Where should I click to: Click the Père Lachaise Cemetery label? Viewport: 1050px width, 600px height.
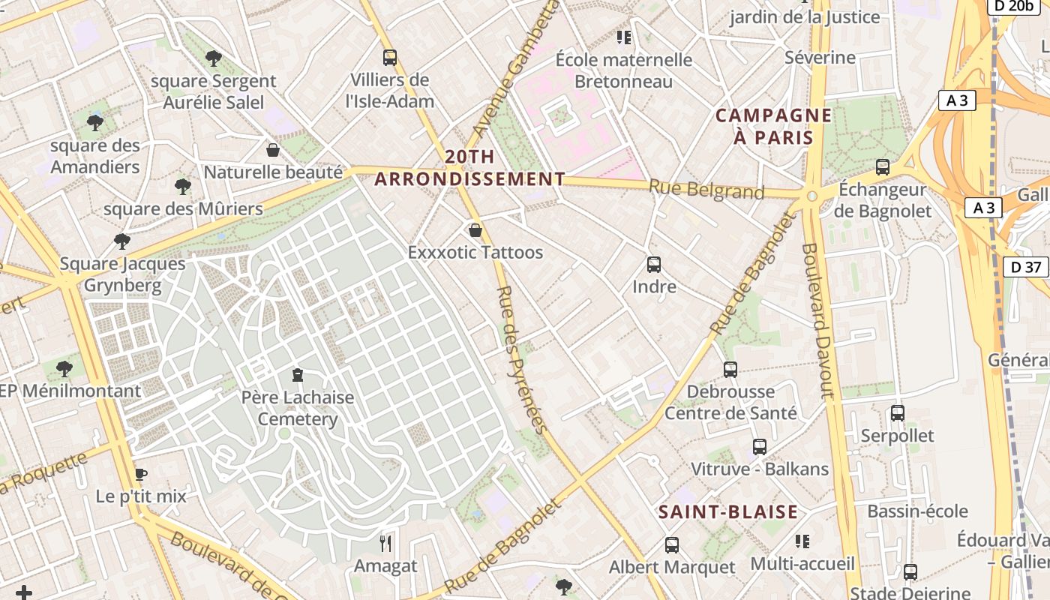pyautogui.click(x=298, y=408)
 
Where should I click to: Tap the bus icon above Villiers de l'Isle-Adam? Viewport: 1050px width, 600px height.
pyautogui.click(x=389, y=58)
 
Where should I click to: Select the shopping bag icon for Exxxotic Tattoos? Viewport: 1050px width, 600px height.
pyautogui.click(x=475, y=230)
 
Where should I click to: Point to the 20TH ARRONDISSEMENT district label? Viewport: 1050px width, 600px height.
pyautogui.click(x=469, y=168)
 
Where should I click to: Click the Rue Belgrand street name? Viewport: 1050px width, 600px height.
pyautogui.click(x=706, y=190)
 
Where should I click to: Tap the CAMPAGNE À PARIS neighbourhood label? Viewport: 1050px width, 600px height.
pyautogui.click(x=773, y=127)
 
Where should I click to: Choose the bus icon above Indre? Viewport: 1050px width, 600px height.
pyautogui.click(x=654, y=265)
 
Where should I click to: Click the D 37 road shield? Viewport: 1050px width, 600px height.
pyautogui.click(x=1025, y=266)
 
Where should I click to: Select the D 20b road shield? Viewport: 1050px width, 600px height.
pyautogui.click(x=1009, y=6)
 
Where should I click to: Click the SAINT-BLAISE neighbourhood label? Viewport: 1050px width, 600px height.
pyautogui.click(x=727, y=512)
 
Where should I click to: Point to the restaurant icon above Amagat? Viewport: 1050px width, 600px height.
pyautogui.click(x=385, y=544)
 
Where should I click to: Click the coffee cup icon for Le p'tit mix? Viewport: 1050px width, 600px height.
pyautogui.click(x=140, y=474)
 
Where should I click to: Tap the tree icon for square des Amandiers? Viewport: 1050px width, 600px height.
pyautogui.click(x=94, y=122)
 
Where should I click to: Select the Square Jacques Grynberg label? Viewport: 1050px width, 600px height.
pyautogui.click(x=122, y=274)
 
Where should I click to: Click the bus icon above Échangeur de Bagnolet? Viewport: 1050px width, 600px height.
pyautogui.click(x=883, y=167)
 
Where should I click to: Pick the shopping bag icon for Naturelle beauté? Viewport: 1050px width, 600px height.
pyautogui.click(x=273, y=150)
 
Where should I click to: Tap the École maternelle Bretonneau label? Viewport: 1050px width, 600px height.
pyautogui.click(x=624, y=70)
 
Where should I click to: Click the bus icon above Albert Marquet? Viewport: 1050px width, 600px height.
pyautogui.click(x=672, y=545)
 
